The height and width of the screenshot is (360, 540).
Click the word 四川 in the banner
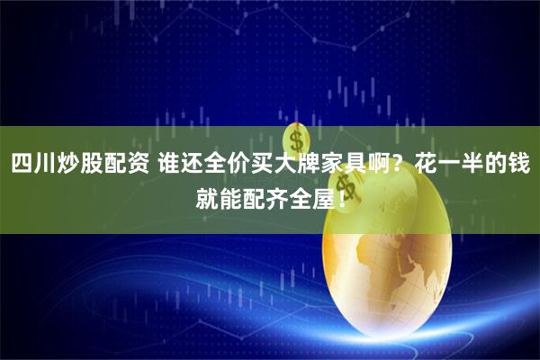coord(33,165)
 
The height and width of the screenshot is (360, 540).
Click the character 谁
coord(170,165)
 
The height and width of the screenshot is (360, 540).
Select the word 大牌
coord(290,165)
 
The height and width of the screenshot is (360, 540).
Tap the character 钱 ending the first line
coord(517,165)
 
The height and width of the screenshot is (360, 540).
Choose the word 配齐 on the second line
coord(267,196)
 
